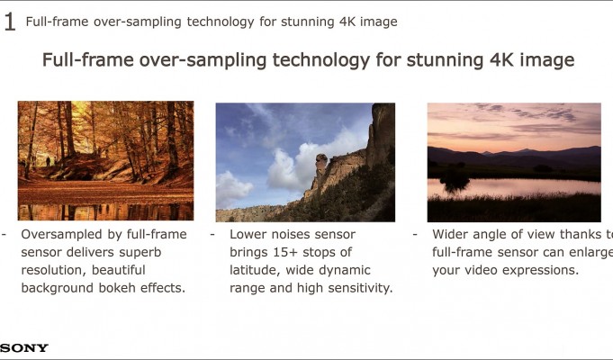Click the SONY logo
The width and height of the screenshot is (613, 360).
[24, 347]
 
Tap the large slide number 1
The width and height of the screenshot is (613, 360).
[9, 22]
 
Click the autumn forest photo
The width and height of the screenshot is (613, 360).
[105, 161]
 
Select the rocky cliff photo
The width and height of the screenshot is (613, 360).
[305, 162]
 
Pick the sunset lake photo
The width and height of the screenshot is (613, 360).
[514, 162]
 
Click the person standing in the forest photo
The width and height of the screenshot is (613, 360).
[48, 161]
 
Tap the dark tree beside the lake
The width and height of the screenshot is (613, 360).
[455, 181]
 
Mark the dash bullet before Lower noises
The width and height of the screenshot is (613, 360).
[212, 235]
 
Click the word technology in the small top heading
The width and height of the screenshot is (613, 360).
[221, 22]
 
